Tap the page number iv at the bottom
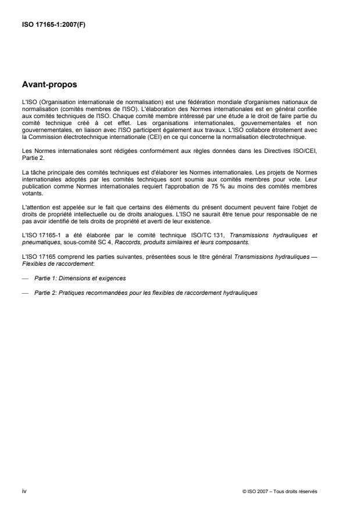click(x=23, y=491)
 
